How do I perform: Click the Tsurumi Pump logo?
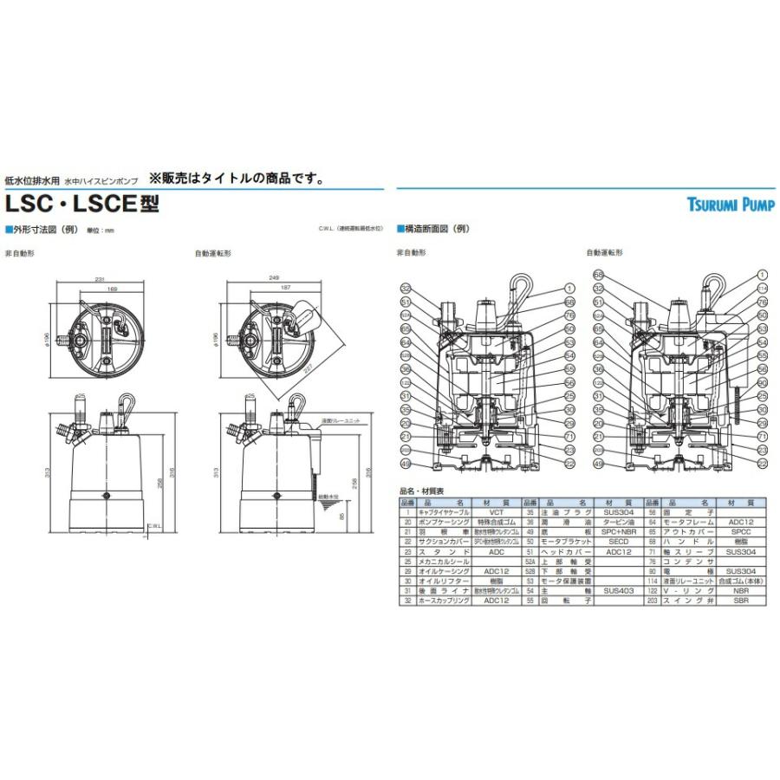(731, 205)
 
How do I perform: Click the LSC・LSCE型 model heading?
(82, 205)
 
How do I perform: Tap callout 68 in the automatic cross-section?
(597, 275)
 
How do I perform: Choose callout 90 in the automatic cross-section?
(763, 383)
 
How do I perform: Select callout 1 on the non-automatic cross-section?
(569, 288)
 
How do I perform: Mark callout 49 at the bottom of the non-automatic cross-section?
(405, 464)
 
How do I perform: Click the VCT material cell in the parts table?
(503, 512)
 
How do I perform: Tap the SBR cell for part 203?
(736, 600)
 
